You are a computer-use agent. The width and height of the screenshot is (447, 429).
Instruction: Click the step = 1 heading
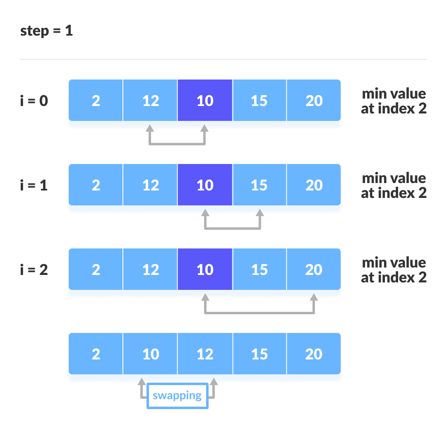(x=46, y=31)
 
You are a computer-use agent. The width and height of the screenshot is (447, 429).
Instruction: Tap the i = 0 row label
(x=34, y=101)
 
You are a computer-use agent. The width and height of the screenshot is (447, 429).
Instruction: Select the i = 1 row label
(x=34, y=185)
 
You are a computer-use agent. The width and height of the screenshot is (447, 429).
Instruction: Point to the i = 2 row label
(x=34, y=270)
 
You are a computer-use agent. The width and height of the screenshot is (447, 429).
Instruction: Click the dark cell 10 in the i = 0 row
(x=205, y=101)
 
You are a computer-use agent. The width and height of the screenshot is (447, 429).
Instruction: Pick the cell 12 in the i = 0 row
(x=150, y=101)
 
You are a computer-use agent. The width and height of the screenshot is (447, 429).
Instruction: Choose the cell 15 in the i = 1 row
(x=260, y=185)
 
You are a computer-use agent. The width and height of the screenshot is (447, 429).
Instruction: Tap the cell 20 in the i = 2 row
(x=314, y=270)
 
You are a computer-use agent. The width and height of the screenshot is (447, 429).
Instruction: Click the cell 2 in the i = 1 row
(x=96, y=185)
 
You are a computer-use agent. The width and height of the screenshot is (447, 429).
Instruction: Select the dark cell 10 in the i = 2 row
(x=205, y=270)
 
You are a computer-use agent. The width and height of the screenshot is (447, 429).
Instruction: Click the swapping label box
(x=177, y=396)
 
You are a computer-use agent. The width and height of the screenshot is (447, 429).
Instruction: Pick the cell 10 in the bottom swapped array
(x=150, y=354)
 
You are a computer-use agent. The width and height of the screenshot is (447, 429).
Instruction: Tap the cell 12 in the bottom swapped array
(x=205, y=354)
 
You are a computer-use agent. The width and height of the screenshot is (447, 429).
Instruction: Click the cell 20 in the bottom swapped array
(x=314, y=354)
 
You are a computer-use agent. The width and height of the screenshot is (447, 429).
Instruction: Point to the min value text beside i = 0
(x=394, y=101)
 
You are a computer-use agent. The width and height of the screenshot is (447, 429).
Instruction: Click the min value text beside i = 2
(x=394, y=270)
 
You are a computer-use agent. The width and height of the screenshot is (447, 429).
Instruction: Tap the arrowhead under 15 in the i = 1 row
(x=260, y=212)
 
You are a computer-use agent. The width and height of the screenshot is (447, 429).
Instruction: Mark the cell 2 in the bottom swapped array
(x=96, y=354)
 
